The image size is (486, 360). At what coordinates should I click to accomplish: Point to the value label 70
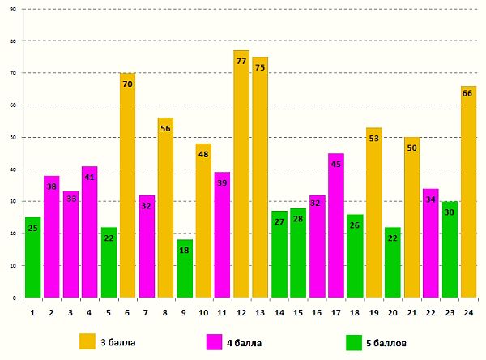(127, 84)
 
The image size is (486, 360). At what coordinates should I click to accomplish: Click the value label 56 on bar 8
(165, 128)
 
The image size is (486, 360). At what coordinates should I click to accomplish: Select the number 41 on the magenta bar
(89, 177)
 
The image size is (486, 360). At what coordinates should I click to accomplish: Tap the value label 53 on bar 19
(373, 138)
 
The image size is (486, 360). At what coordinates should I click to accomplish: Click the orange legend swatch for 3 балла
(87, 342)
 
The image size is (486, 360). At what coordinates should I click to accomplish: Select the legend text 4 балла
(244, 343)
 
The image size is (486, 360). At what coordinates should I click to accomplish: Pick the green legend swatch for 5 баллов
(354, 342)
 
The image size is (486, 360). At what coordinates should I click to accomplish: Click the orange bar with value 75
(260, 178)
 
